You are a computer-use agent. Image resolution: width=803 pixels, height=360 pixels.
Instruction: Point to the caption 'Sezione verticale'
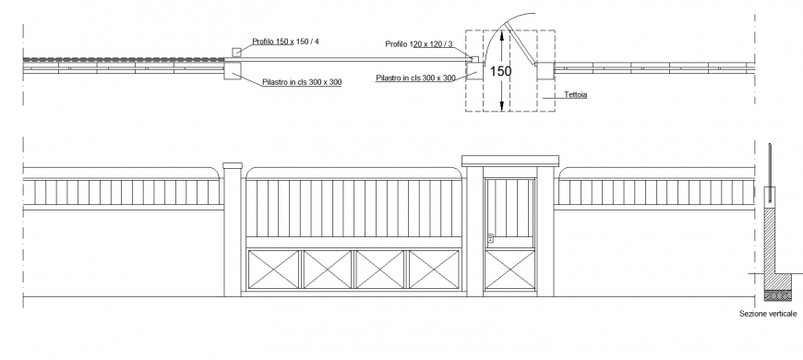pos(768,315)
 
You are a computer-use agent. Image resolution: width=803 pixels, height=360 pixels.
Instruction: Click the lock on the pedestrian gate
pos(491,239)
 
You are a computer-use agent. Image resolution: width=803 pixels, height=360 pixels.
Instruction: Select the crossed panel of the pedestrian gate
pos(510,270)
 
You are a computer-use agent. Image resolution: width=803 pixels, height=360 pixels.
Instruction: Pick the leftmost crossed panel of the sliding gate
pos(274,270)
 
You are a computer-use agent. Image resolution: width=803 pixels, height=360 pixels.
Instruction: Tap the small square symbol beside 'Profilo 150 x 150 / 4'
pos(237,53)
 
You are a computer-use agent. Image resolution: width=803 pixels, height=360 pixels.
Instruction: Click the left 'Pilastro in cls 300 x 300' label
pos(301,83)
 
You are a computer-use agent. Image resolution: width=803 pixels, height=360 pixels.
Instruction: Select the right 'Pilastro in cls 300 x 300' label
pos(415,78)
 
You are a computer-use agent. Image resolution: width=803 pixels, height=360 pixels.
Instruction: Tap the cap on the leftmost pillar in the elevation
pos(232,166)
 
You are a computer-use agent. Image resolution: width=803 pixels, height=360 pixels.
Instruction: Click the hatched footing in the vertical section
pos(773,295)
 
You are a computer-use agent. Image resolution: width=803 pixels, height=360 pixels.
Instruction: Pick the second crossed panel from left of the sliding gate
pos(328,270)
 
